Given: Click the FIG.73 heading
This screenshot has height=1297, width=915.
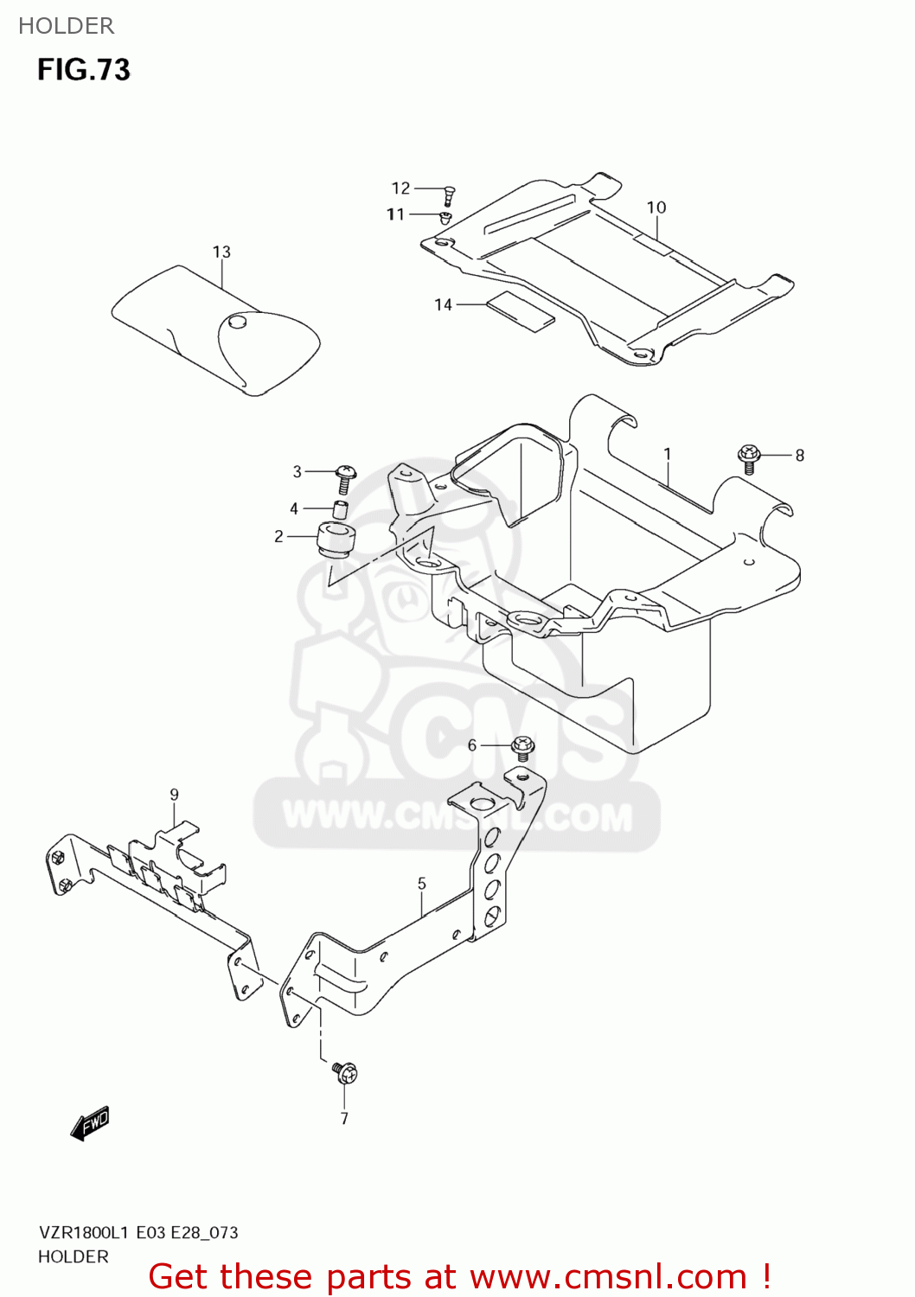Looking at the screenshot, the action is click(83, 69).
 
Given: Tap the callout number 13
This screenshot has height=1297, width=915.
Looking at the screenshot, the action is click(221, 252).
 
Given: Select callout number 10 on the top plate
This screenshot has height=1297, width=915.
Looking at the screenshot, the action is click(656, 208).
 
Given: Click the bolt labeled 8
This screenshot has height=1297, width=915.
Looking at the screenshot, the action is click(749, 457).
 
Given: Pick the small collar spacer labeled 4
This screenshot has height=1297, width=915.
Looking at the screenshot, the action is click(341, 508).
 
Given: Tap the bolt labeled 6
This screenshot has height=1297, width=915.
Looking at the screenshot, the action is click(522, 748).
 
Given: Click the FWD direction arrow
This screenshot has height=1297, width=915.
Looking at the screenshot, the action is click(90, 1123).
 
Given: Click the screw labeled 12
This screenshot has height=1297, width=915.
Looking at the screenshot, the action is click(449, 195).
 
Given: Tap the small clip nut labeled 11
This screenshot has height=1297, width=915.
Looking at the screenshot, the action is click(445, 216).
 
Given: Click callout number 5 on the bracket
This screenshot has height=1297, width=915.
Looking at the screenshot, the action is click(421, 884).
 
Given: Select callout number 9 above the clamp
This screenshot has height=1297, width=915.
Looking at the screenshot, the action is click(174, 795).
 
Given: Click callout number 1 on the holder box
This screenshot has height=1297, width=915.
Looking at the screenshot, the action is click(667, 454).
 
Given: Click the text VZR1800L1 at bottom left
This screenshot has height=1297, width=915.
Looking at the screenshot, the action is click(83, 1232).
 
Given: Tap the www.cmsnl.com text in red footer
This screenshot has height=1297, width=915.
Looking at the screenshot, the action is click(608, 1277).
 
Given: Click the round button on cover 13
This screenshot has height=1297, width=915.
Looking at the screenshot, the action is click(237, 322).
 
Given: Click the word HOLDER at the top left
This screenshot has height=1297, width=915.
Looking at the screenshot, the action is click(66, 26).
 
